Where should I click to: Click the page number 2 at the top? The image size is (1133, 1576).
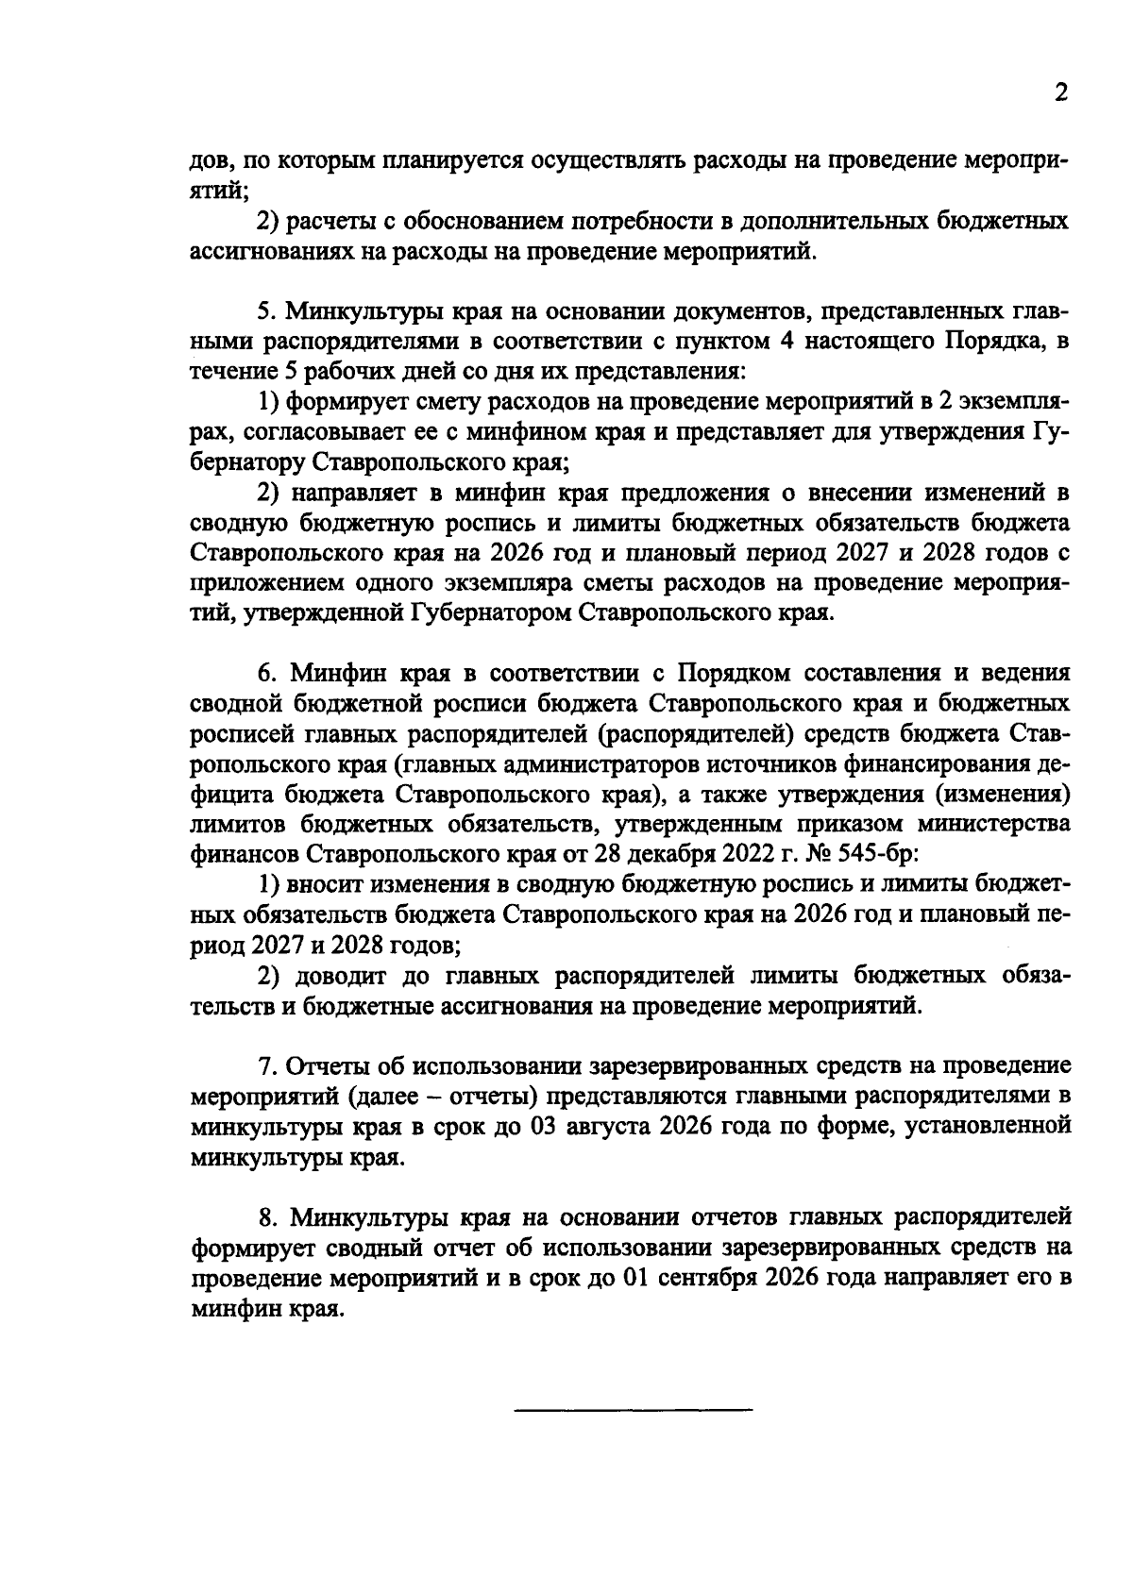(x=1060, y=93)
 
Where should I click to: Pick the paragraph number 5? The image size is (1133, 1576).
(x=265, y=311)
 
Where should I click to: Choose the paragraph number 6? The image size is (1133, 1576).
(x=266, y=673)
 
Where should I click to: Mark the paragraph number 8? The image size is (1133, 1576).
(x=266, y=1216)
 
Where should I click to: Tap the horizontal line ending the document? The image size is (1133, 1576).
(x=634, y=1410)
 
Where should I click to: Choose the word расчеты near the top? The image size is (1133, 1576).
(x=331, y=222)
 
